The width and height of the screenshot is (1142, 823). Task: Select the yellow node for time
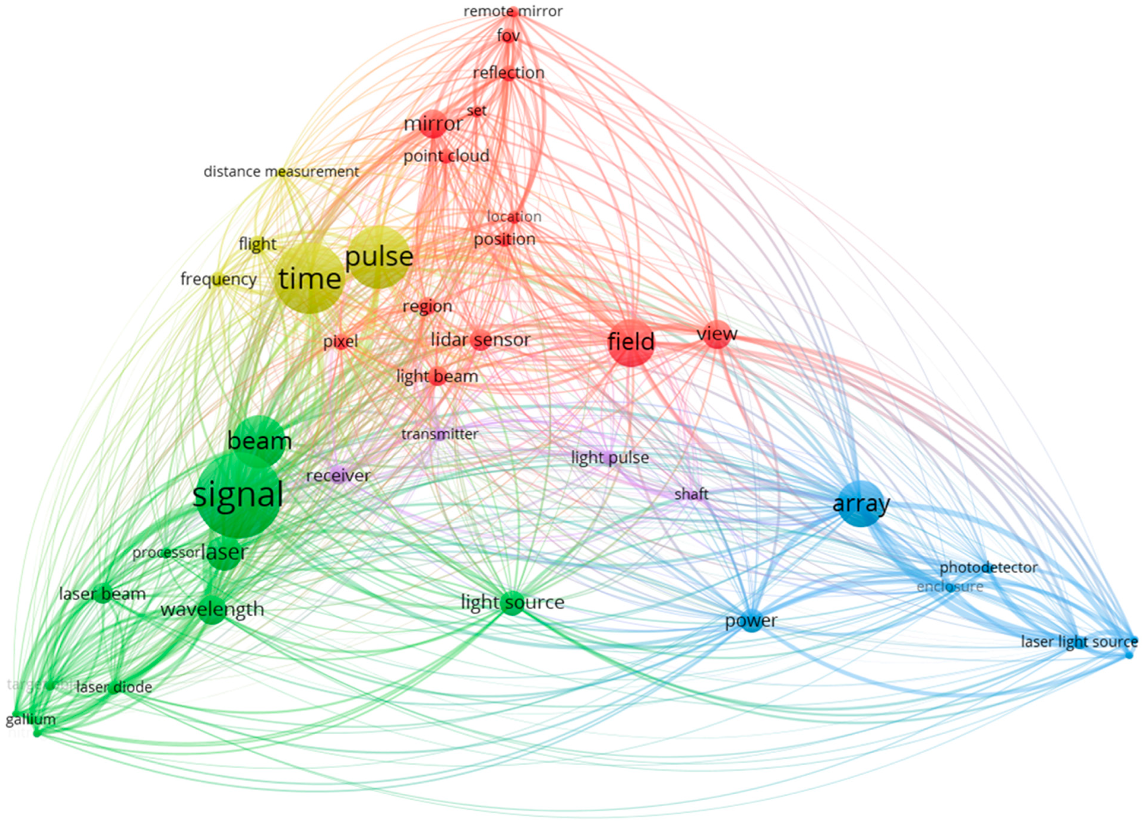[x=310, y=279]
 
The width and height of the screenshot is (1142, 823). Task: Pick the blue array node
[x=861, y=504]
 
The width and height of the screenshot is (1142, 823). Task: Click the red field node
[x=631, y=342]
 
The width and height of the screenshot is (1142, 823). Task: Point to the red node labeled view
[x=717, y=334]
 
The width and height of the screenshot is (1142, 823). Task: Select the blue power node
[x=751, y=621]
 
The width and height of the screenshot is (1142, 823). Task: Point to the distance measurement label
[x=281, y=172]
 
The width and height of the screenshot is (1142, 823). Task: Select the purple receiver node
[x=338, y=475]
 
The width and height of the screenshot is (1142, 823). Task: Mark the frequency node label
[x=218, y=279]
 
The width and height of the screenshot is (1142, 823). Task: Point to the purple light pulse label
[x=610, y=458]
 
